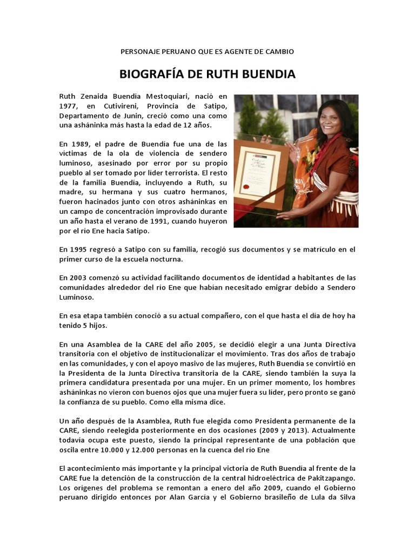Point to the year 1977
(x=69, y=106)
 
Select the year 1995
(x=81, y=249)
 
